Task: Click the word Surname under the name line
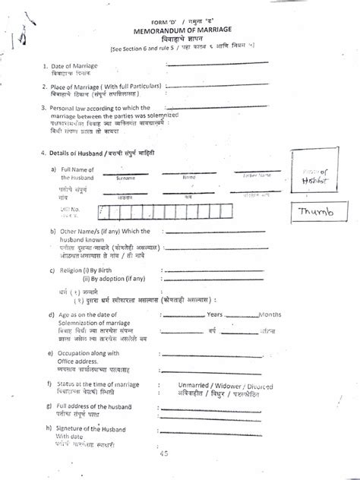126,178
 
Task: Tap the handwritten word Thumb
314,212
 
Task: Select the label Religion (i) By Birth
93,270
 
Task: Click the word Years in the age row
215,313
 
